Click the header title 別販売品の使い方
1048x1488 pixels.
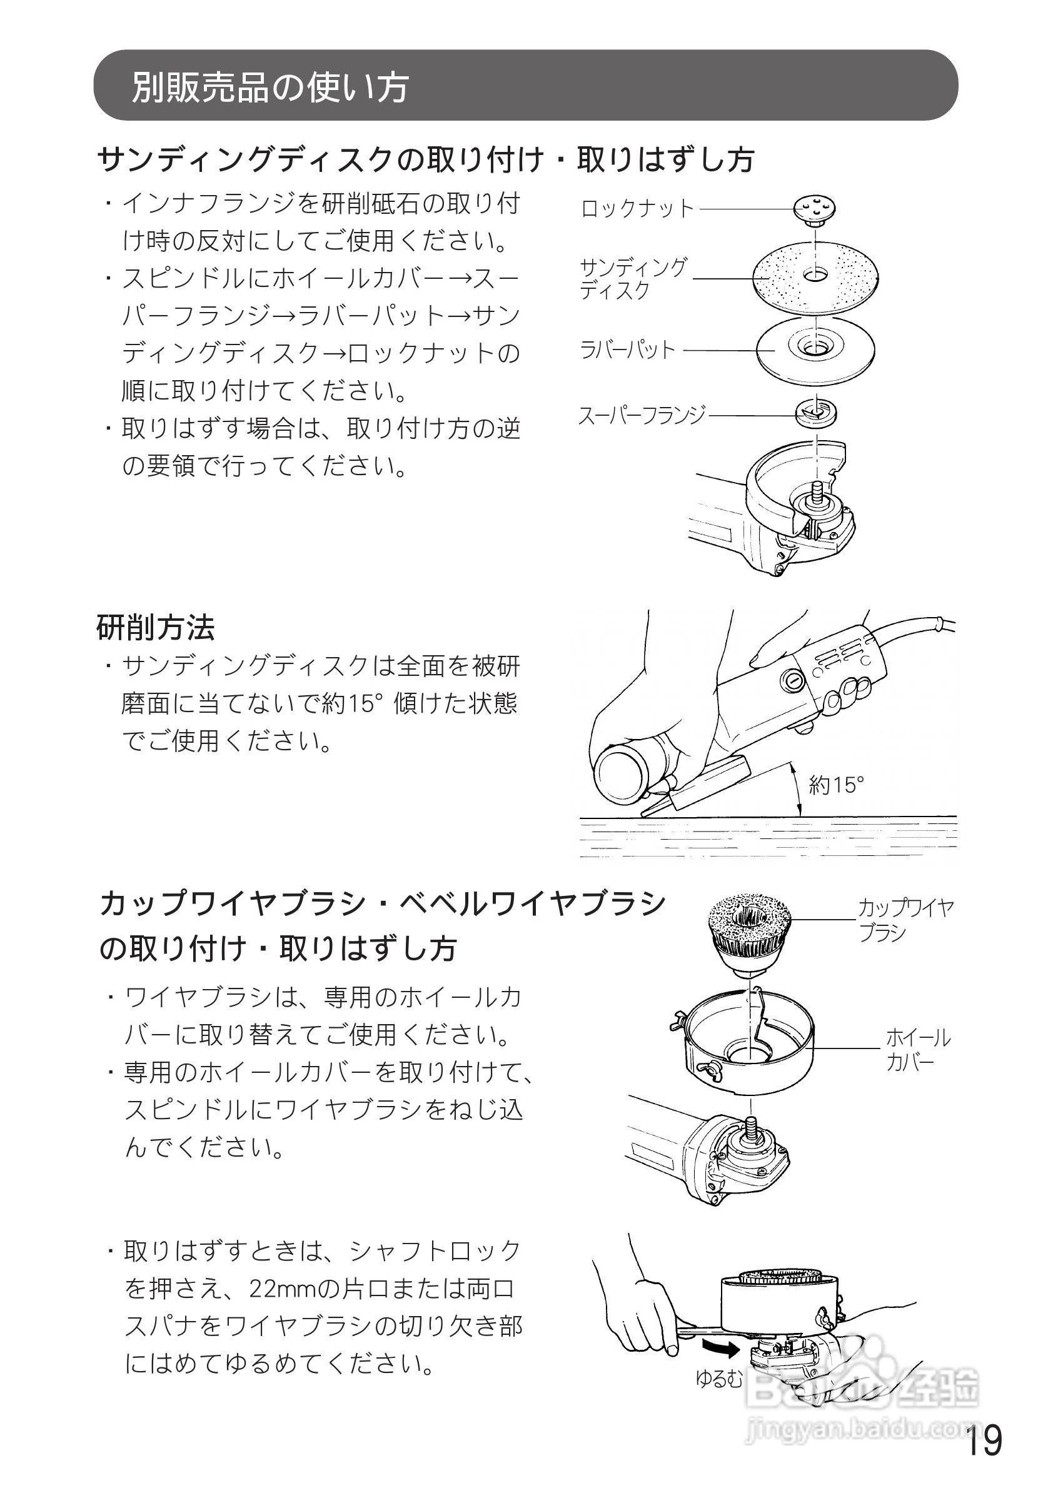(270, 87)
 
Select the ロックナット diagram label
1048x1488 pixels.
(638, 209)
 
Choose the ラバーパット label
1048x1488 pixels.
(627, 350)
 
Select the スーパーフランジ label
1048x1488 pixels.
(642, 415)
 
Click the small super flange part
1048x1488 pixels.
(818, 412)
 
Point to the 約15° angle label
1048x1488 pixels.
(836, 785)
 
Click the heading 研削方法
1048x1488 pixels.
(156, 627)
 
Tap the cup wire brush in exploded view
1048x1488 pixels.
(749, 935)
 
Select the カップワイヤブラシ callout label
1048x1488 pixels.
(905, 920)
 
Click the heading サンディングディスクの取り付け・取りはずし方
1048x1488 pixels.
(426, 159)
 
